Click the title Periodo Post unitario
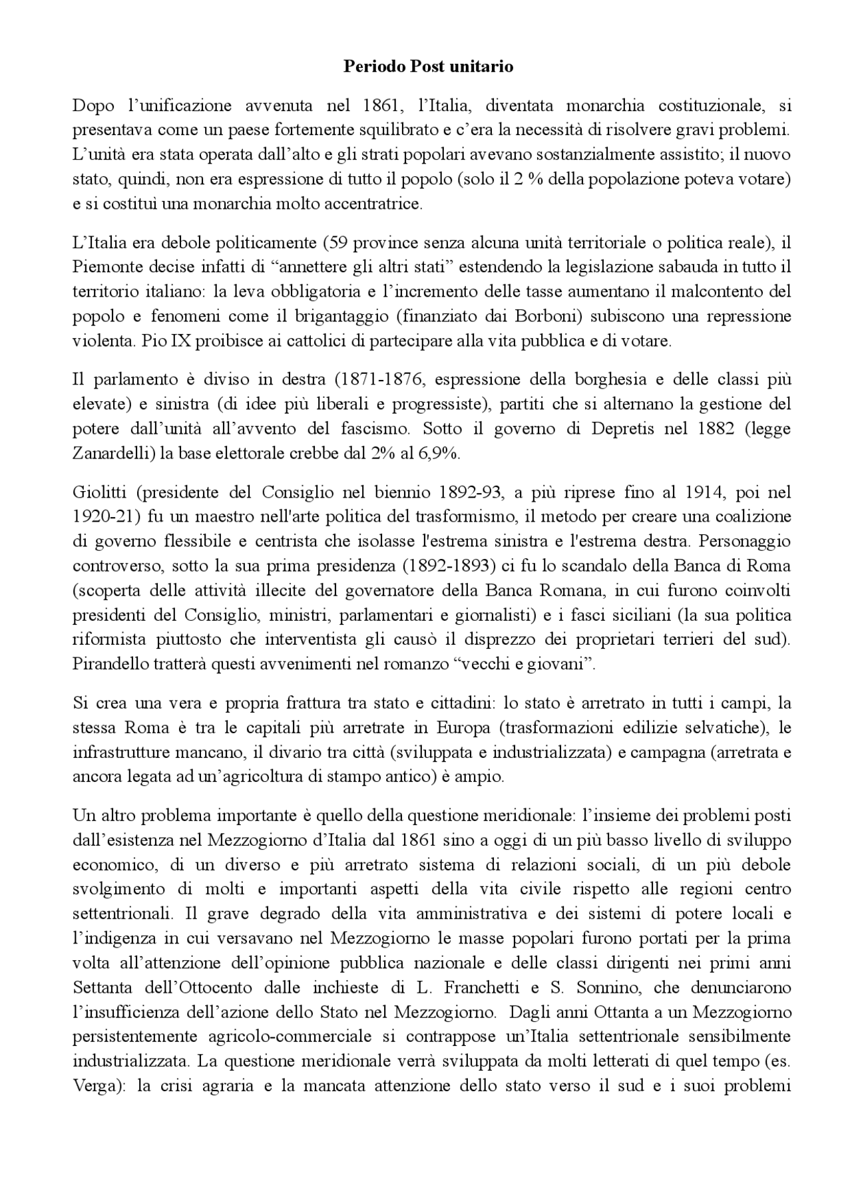click(428, 67)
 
